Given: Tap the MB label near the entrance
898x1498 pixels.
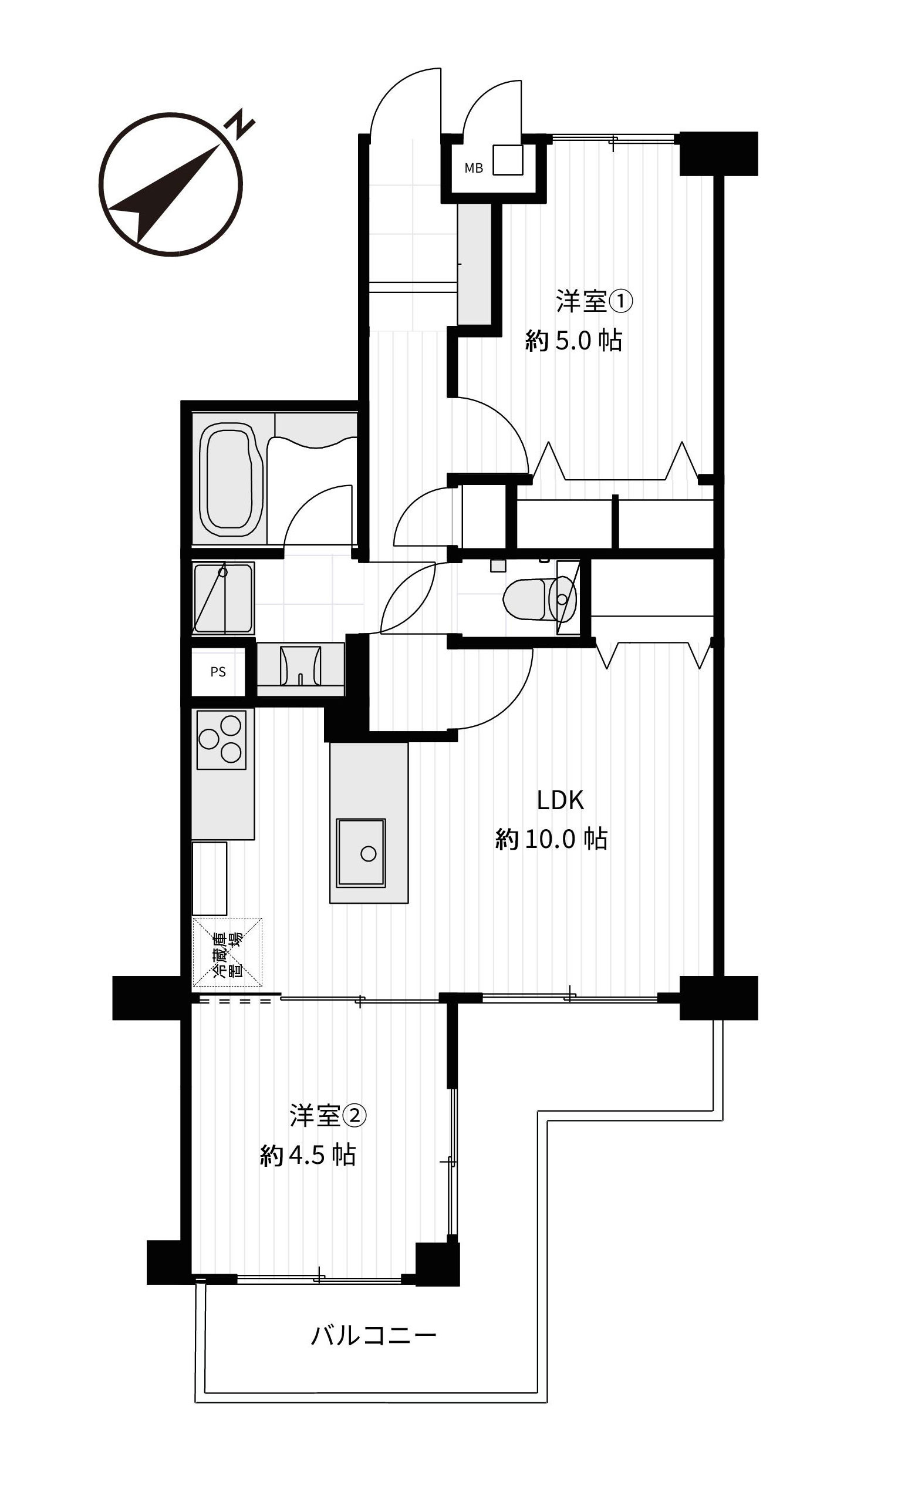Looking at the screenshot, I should point(473,169).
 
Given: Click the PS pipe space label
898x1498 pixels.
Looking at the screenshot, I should point(218,672).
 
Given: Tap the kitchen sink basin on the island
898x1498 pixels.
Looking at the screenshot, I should point(362,853).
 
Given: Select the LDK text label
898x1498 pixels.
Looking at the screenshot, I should point(560,800).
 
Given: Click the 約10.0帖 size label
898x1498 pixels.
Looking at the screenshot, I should point(551,840).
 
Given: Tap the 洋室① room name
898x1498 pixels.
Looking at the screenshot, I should point(593,301).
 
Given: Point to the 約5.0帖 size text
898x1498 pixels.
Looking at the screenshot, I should point(573,341).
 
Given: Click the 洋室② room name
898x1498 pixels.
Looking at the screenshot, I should point(328,1116).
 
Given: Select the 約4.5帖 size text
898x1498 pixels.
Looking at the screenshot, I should point(308,1156).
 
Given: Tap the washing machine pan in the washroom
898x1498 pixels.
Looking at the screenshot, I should point(222,598).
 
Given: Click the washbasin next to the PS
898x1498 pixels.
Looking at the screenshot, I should point(300,667).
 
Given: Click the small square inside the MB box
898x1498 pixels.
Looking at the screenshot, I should point(508,160).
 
